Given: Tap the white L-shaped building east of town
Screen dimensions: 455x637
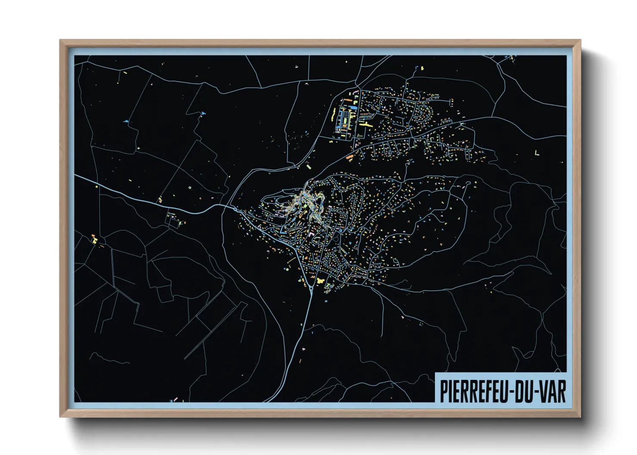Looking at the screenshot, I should click(536, 153).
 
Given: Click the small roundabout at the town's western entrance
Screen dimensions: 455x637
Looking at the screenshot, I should click(234, 209).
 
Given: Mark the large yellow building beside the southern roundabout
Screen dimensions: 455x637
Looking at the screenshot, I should click(320, 280).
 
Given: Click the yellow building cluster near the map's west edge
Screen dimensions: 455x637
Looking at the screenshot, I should click(94, 239).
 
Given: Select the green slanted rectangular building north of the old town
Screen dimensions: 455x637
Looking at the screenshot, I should click(308, 165).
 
